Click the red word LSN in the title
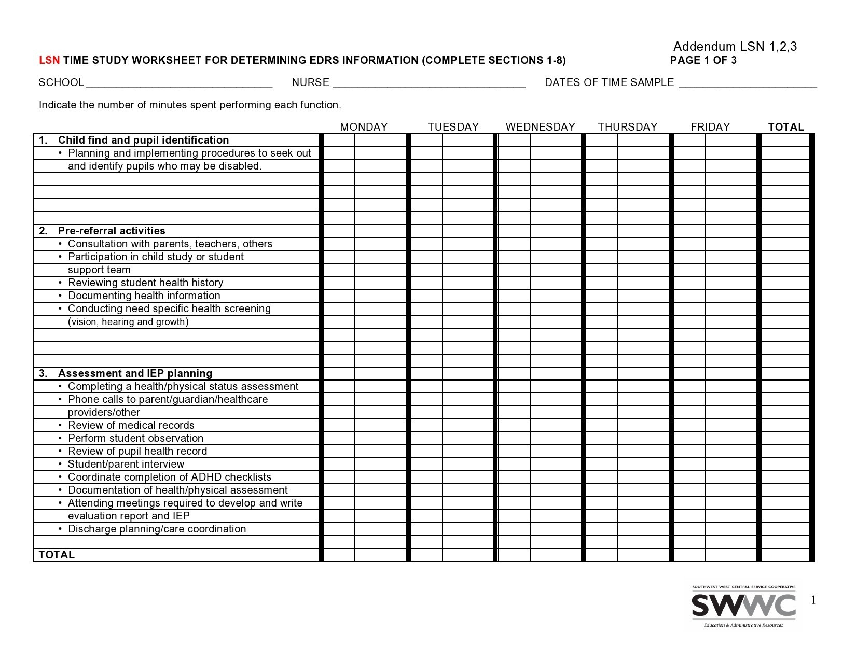49,60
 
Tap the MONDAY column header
364,127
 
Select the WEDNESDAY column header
540,127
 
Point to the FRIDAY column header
710,127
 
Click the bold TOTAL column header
786,127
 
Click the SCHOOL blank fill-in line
179,84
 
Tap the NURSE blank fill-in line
429,84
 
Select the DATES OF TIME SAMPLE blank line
748,84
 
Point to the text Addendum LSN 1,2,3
735,47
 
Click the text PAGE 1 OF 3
703,60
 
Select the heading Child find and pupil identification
143,140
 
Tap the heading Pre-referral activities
112,231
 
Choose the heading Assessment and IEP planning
135,373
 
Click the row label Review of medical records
131,425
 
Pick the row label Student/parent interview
126,464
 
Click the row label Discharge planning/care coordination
157,529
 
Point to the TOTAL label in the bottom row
57,555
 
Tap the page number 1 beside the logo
813,600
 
